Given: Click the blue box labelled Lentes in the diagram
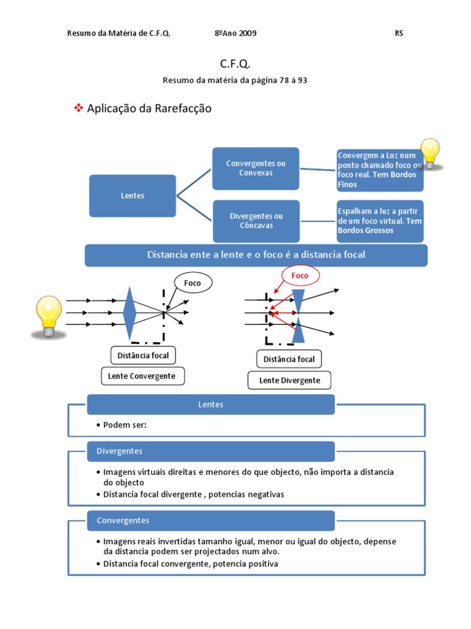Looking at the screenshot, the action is tap(132, 196).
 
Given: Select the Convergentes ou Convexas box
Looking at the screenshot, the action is tap(256, 168).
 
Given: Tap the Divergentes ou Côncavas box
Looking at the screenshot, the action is tap(256, 221).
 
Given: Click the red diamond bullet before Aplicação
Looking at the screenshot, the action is tap(78, 108).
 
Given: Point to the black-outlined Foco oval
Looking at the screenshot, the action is tap(193, 283).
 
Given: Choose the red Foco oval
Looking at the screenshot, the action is tap(301, 276).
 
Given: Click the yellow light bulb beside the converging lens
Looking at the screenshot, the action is tap(48, 316).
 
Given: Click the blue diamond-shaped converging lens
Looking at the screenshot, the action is tap(130, 313).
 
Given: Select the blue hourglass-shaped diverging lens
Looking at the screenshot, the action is tap(298, 316).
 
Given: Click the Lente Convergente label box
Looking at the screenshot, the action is tap(142, 377).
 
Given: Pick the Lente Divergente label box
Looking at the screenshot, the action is tap(289, 380).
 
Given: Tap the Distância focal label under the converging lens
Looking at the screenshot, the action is tap(143, 356).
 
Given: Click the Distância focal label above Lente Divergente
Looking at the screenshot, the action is tap(289, 359).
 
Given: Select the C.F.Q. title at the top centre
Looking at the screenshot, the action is tap(235, 63).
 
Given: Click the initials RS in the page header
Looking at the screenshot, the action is tap(399, 33).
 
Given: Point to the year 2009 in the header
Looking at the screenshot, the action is tap(248, 33).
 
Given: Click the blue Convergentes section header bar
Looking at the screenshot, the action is tap(211, 521).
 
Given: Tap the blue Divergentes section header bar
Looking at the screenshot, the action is tap(211, 451).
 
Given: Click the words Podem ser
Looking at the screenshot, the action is tap(124, 425).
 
